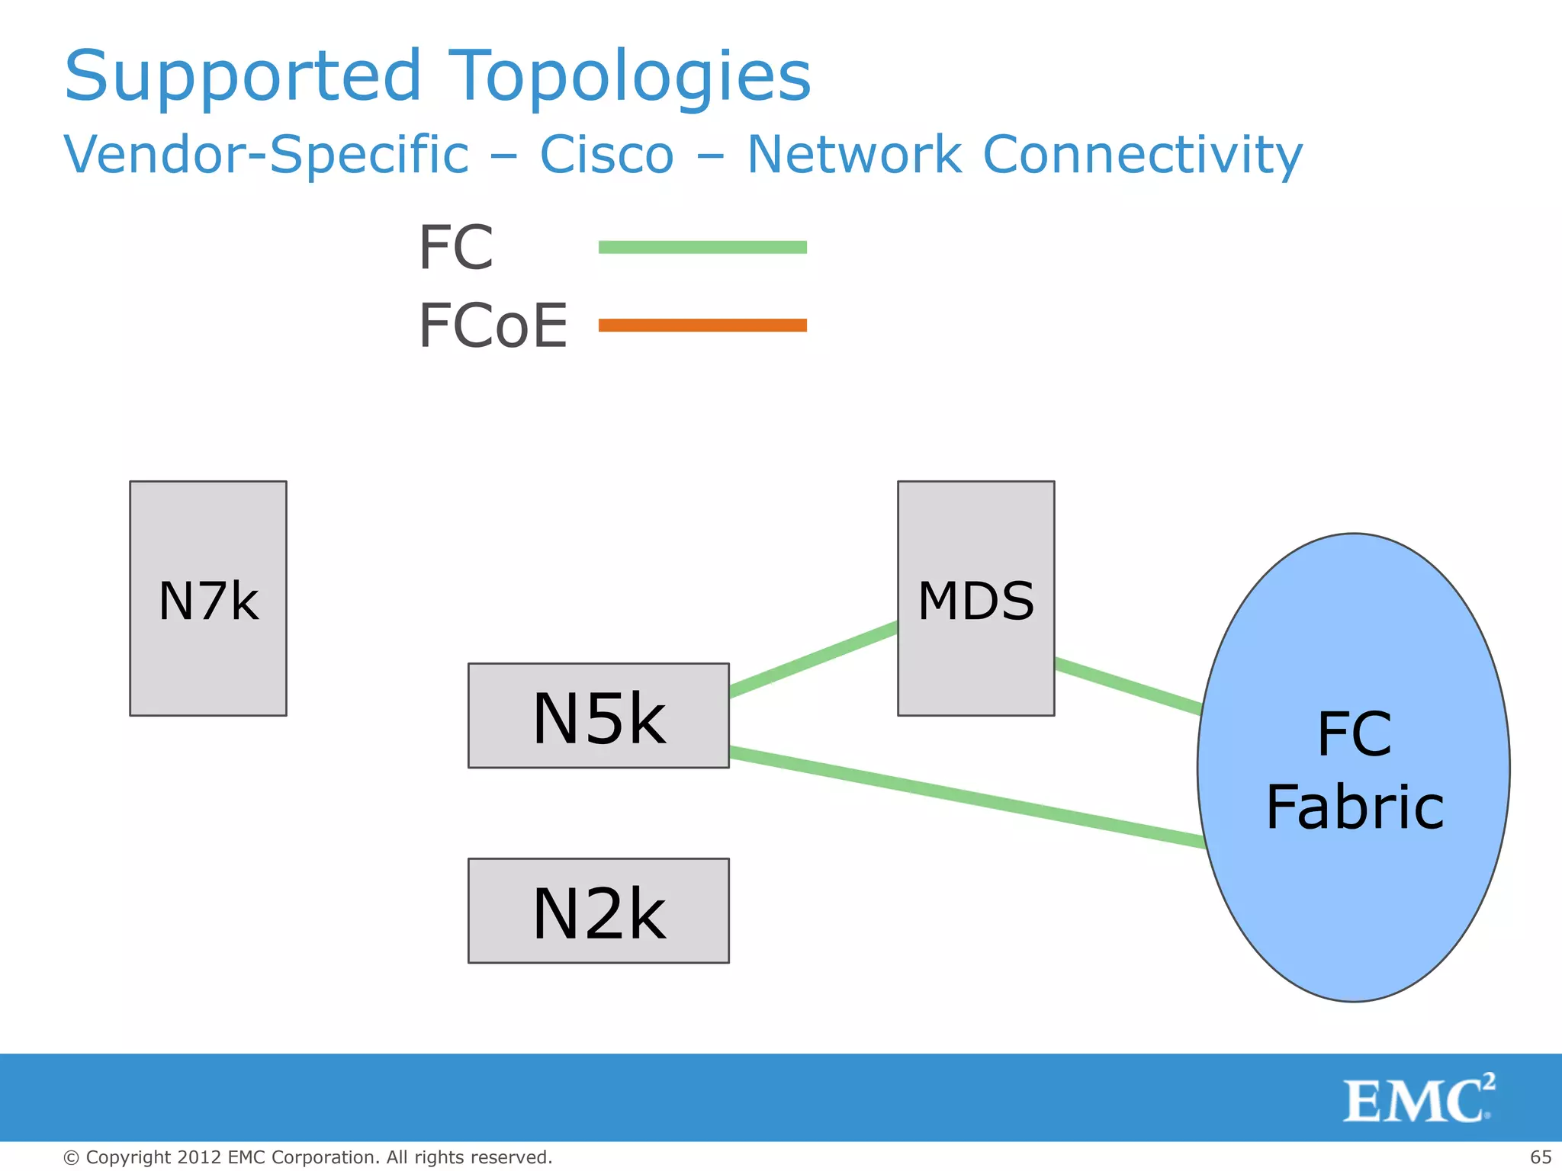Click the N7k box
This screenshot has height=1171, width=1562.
207,598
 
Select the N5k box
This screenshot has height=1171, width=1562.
598,716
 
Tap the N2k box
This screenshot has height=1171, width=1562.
598,911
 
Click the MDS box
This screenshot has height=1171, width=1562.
975,598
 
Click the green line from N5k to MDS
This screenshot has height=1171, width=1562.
813,659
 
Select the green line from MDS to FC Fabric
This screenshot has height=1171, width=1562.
1129,687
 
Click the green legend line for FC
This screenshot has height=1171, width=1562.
702,247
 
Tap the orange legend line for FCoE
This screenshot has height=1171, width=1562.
702,326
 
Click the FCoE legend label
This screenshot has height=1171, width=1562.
493,326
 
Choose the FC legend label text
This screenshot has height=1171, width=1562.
456,248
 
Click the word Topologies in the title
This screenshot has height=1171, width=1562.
628,75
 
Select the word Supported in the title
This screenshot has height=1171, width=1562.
243,75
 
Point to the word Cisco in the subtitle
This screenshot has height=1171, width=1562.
606,155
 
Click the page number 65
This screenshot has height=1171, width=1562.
1541,1157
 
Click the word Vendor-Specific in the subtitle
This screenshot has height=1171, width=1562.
266,155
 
